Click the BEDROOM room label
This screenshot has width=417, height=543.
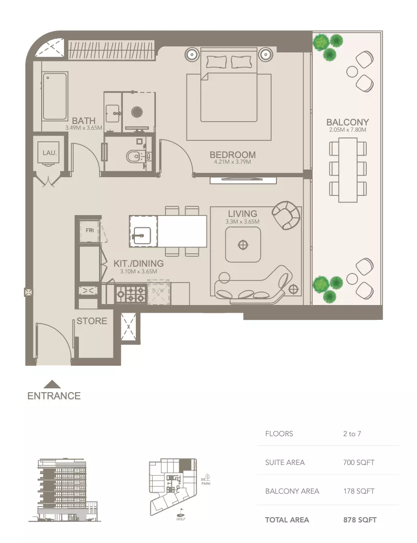[232, 155]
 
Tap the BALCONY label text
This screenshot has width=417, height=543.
[347, 122]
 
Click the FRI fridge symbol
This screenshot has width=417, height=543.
[89, 230]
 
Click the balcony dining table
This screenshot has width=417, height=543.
[348, 170]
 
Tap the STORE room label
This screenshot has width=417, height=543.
[92, 321]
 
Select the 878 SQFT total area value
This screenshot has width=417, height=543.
[360, 520]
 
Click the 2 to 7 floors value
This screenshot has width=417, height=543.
[352, 434]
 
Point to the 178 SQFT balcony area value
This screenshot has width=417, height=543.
[359, 491]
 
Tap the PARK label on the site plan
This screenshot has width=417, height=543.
[206, 483]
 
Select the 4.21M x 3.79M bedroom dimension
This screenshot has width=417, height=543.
[232, 162]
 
